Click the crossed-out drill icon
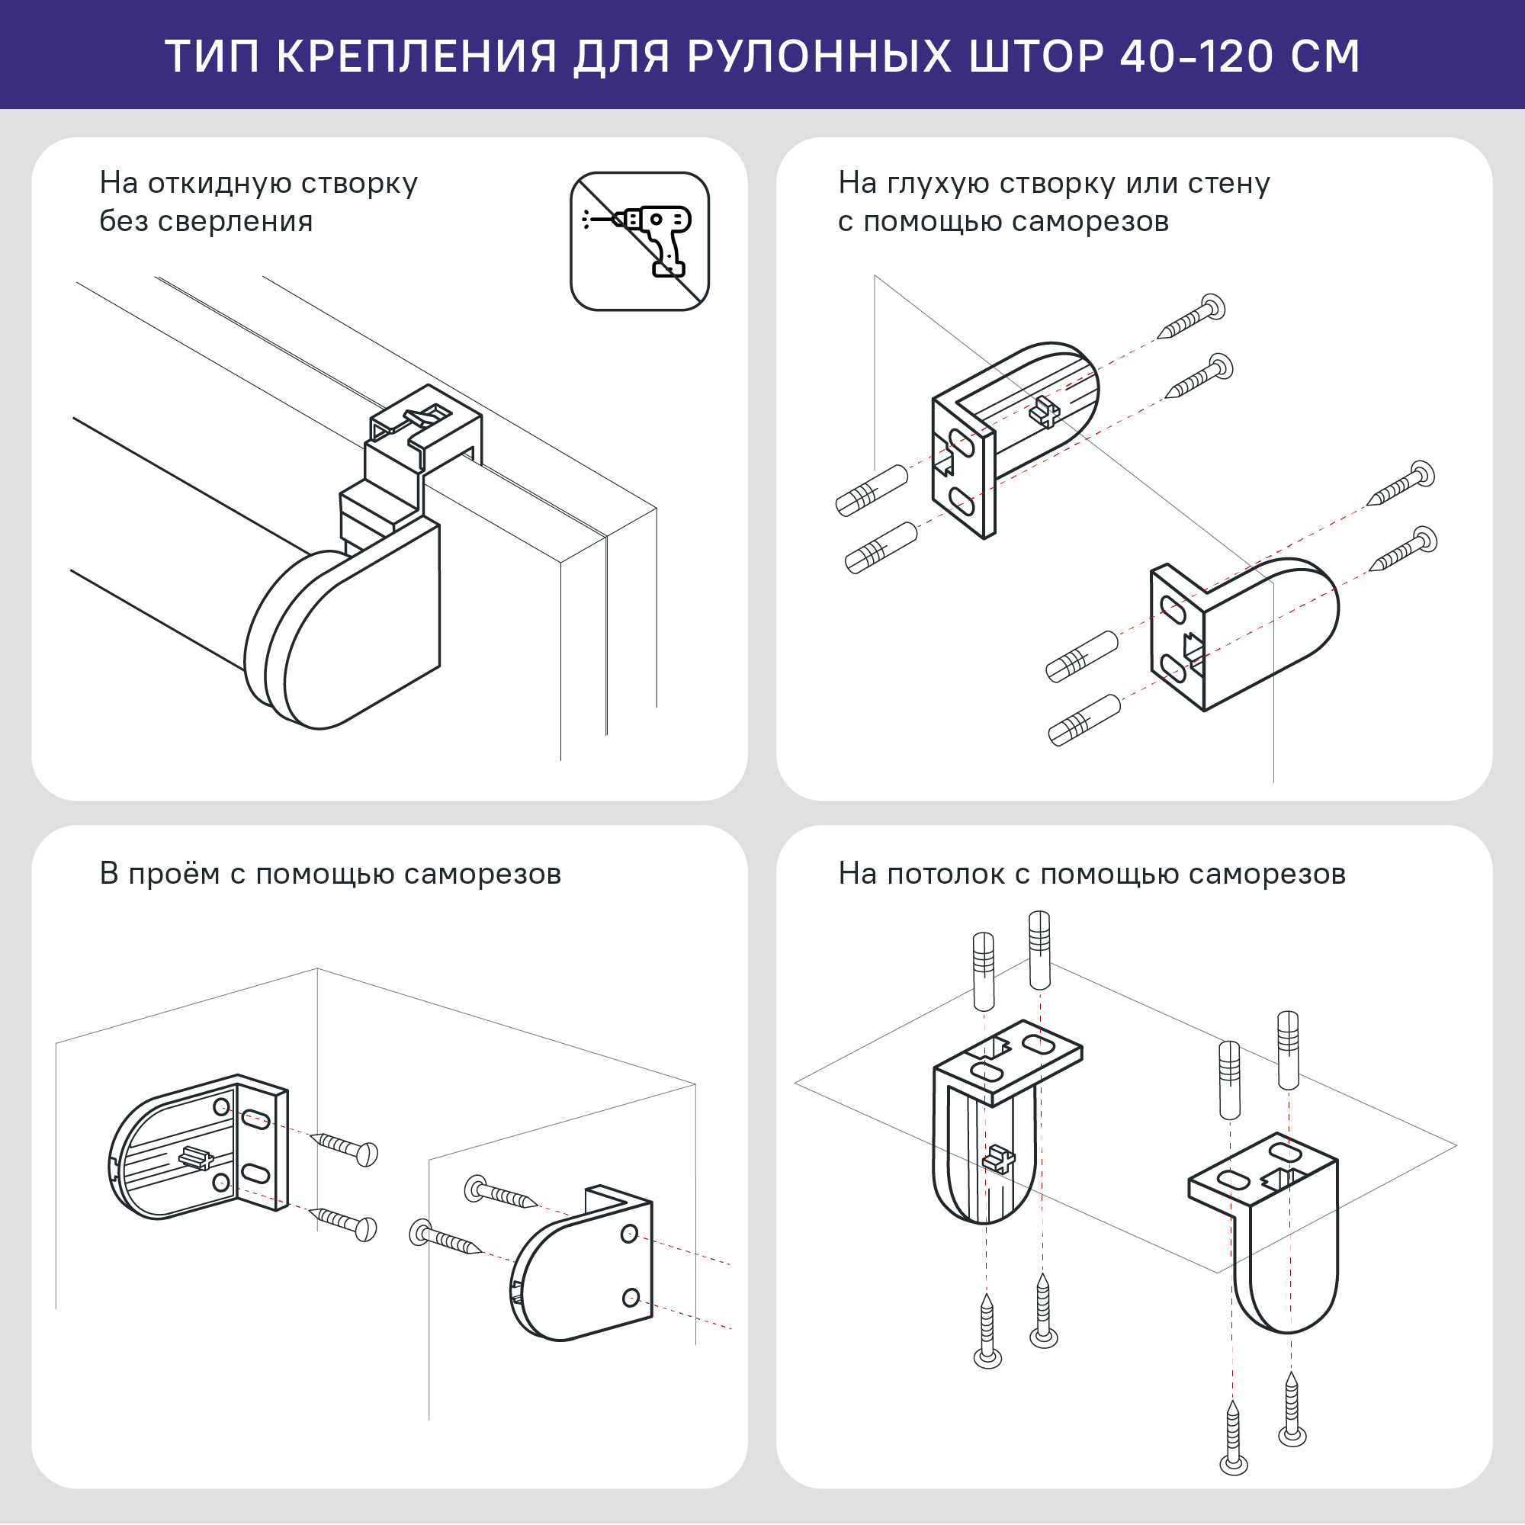coord(640,242)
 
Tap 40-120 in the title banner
coord(1196,57)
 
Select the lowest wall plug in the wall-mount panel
coord(1084,720)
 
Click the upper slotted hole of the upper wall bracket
coord(962,443)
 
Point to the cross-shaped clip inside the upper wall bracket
coord(1045,411)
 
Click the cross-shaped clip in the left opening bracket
coord(195,1158)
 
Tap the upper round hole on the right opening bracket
coord(629,1234)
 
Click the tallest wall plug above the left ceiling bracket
coord(1039,949)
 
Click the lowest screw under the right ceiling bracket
coord(1233,1437)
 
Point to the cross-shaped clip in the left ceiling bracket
coord(999,1160)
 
